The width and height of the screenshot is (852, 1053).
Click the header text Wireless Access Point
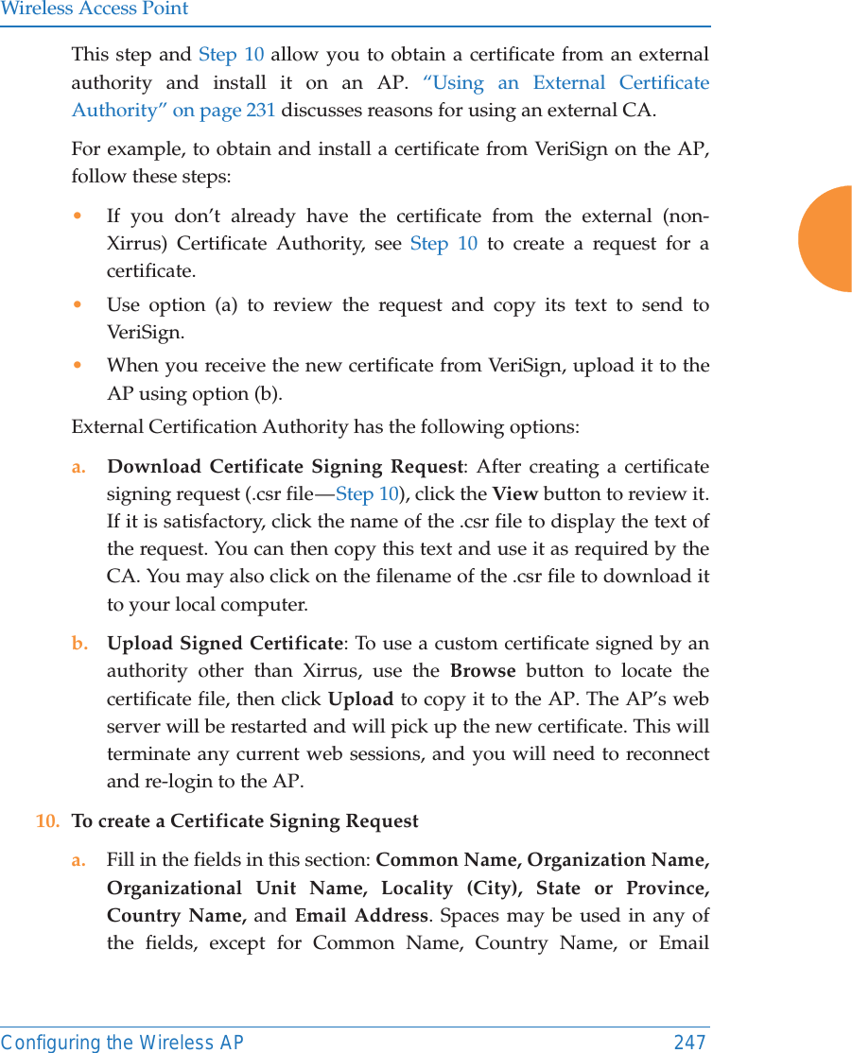[x=95, y=9]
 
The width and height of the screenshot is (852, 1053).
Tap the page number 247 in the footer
[x=689, y=1042]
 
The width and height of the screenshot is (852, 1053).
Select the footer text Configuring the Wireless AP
[x=122, y=1042]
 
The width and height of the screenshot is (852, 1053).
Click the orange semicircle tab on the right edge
[x=826, y=239]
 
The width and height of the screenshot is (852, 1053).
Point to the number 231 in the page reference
[x=261, y=110]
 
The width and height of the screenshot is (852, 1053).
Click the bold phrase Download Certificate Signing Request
[x=285, y=466]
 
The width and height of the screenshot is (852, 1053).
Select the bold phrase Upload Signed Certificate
[x=224, y=643]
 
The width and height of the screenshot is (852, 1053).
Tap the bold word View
[x=515, y=493]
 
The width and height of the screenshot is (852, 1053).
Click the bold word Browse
[x=482, y=671]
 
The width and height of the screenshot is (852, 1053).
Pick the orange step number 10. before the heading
[x=48, y=820]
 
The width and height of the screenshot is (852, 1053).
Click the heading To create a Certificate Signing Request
[x=245, y=820]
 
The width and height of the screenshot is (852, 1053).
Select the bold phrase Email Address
[x=361, y=915]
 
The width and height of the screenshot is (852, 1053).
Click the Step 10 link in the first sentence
[x=231, y=55]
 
